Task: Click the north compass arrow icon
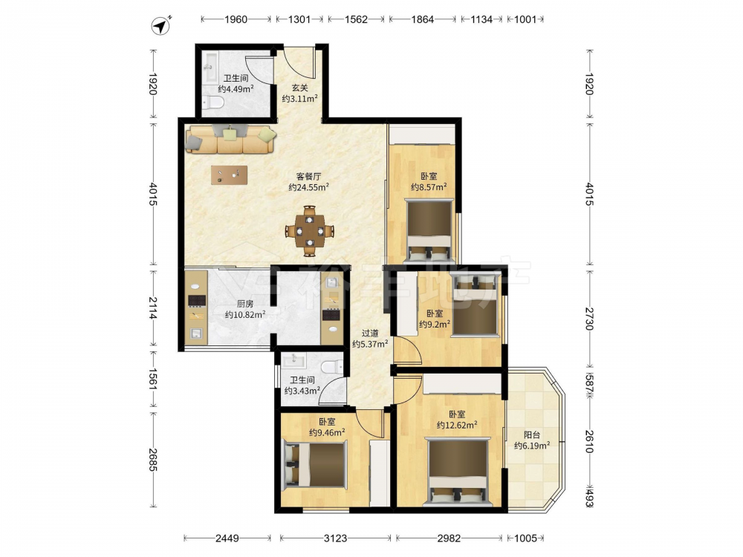coord(161,26)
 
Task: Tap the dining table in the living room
coord(309,231)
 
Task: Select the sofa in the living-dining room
coord(231,139)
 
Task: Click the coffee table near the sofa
coord(230,175)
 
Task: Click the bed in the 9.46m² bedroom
coord(314,464)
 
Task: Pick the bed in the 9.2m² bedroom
coord(475,306)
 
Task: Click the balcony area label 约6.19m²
coord(532,445)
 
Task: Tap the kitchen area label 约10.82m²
coord(245,314)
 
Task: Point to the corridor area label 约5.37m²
coord(370,344)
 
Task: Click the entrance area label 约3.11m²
coord(300,99)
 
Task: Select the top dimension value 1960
coord(236,19)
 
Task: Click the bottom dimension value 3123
coord(336,538)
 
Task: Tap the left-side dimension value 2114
coord(152,308)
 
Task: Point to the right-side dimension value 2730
coord(589,319)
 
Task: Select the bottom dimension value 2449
coord(227,538)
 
